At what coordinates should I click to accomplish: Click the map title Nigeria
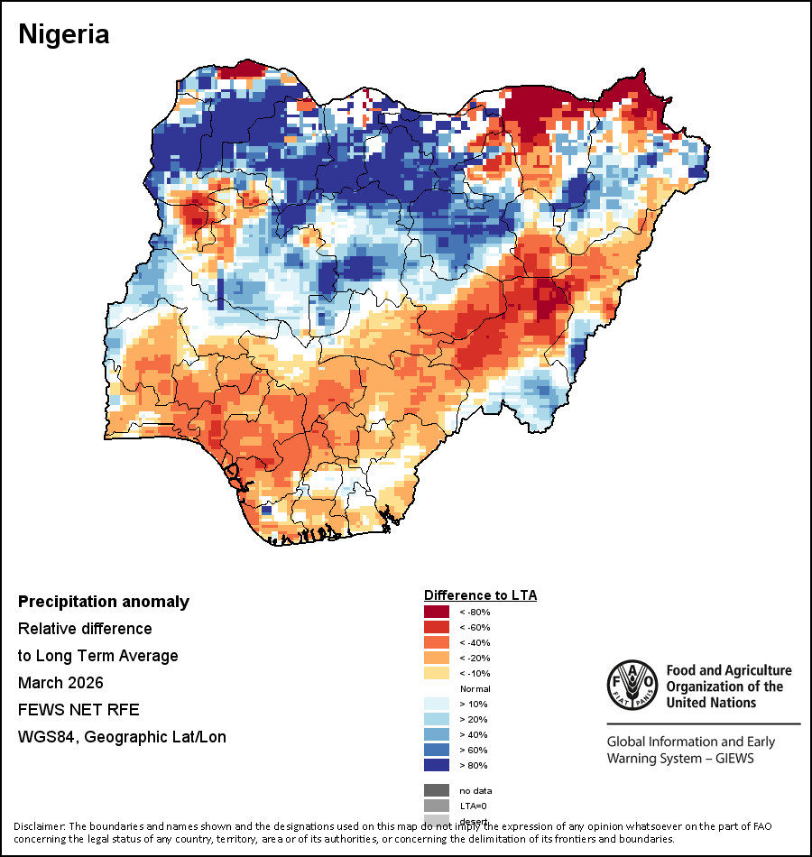click(x=64, y=34)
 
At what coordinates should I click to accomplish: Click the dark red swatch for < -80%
click(x=437, y=613)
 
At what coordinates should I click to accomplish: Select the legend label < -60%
click(x=475, y=628)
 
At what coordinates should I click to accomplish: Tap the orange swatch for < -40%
click(x=437, y=643)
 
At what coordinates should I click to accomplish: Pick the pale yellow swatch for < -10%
click(x=437, y=673)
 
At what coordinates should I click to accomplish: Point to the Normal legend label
click(x=475, y=688)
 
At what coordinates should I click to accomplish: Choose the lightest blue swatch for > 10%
click(x=437, y=704)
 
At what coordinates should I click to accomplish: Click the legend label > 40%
click(x=475, y=734)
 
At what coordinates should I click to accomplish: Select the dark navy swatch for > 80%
click(x=437, y=765)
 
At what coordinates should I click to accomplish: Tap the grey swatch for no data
click(x=437, y=790)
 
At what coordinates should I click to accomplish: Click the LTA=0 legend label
click(x=474, y=805)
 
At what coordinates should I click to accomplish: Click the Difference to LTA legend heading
click(x=480, y=595)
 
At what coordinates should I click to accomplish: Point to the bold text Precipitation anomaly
click(x=104, y=602)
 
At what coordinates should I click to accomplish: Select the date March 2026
click(x=60, y=682)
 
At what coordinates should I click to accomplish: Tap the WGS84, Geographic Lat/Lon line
click(x=122, y=737)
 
